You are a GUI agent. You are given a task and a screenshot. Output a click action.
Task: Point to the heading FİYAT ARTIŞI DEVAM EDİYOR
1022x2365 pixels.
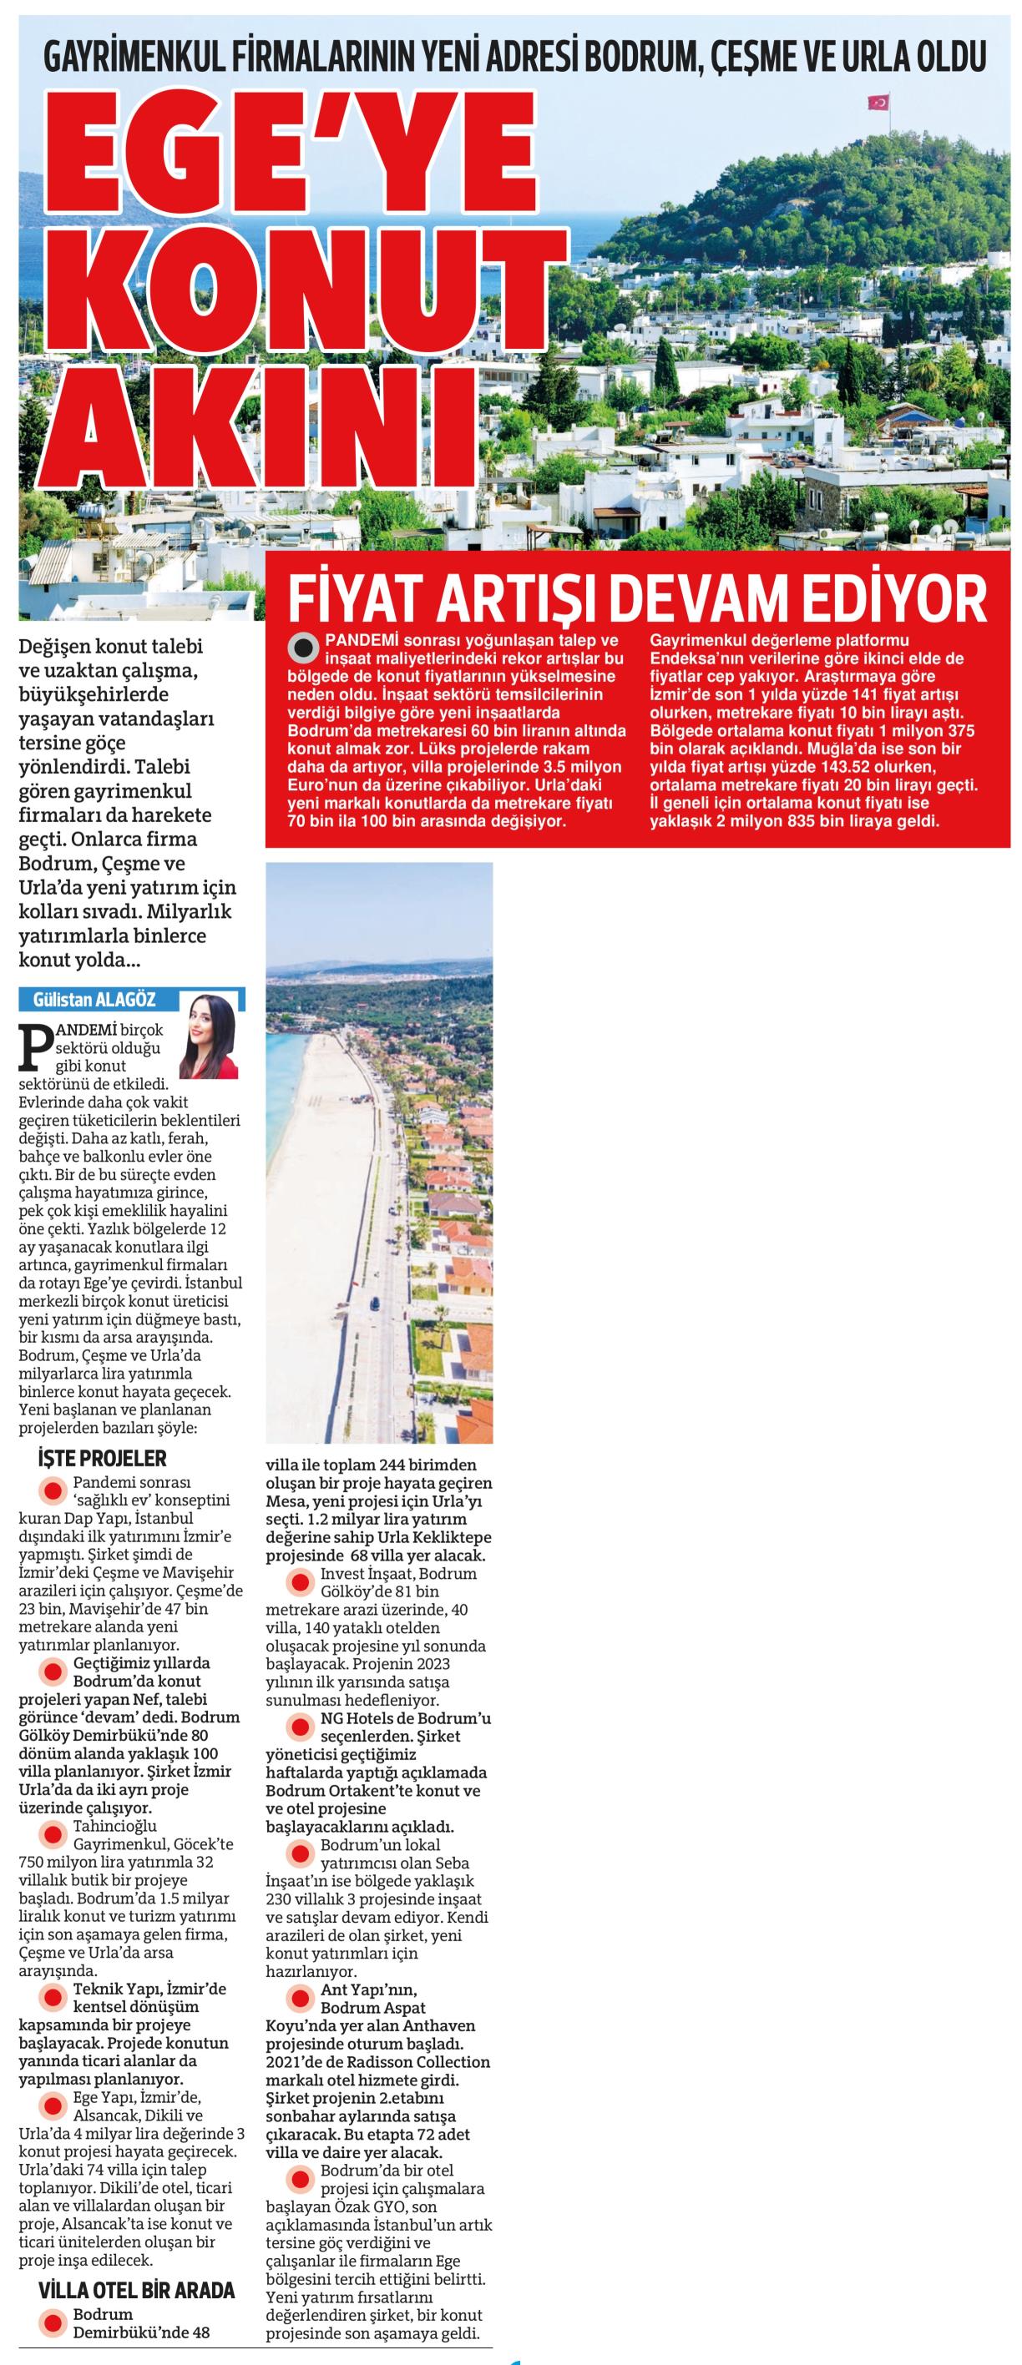coord(637,598)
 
